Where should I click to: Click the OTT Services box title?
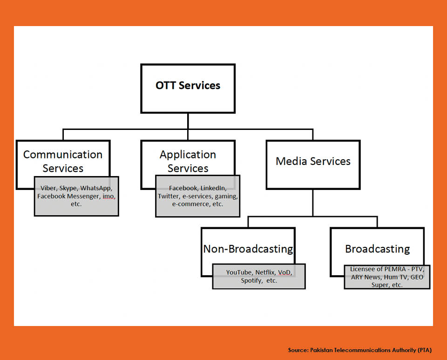click(188, 85)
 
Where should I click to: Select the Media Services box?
click(313, 164)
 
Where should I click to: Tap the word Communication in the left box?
click(63, 155)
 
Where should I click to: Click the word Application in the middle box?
click(188, 155)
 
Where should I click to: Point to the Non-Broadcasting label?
click(248, 249)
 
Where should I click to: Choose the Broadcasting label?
click(378, 249)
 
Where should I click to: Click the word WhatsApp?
click(96, 188)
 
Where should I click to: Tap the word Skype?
click(68, 188)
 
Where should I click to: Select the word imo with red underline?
click(109, 196)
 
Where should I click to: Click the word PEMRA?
click(395, 269)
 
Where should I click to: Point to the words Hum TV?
click(396, 277)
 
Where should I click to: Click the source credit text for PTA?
click(360, 350)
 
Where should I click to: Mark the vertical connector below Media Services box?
click(313, 203)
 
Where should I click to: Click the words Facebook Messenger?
click(68, 196)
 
